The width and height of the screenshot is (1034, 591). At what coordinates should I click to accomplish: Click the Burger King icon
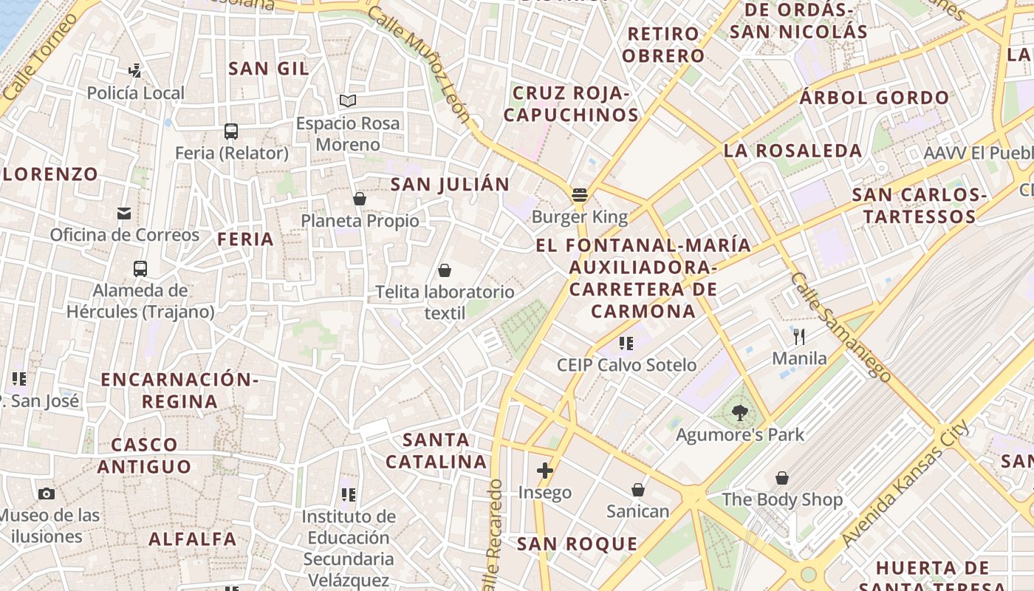(x=580, y=195)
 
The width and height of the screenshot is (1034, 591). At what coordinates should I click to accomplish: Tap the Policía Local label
(x=136, y=93)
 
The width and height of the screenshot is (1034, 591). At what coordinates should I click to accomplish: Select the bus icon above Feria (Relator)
(x=231, y=131)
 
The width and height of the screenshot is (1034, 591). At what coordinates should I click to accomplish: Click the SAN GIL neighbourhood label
(x=268, y=69)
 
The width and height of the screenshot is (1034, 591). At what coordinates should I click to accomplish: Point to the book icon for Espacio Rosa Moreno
(x=348, y=100)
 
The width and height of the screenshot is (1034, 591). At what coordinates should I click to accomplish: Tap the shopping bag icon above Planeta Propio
(x=360, y=199)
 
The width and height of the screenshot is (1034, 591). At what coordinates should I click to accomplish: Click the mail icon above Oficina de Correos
(x=124, y=213)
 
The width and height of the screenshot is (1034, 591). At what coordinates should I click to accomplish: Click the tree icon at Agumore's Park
(x=739, y=413)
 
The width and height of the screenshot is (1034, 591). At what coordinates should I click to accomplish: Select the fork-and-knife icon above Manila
(x=799, y=337)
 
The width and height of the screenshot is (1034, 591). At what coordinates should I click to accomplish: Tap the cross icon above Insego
(x=545, y=471)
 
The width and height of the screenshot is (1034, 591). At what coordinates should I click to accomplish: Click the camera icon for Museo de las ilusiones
(x=47, y=493)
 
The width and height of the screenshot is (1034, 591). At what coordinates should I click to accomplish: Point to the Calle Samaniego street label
(x=840, y=326)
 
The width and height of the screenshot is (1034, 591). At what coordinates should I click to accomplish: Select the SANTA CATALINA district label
(x=436, y=451)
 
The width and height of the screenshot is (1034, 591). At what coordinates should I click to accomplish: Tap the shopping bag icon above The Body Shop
(x=782, y=478)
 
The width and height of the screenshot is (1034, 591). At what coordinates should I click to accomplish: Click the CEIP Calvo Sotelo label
(x=626, y=365)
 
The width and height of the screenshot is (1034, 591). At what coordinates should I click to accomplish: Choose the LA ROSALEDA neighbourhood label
(x=793, y=151)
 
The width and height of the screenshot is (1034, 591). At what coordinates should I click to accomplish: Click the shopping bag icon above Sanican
(x=638, y=490)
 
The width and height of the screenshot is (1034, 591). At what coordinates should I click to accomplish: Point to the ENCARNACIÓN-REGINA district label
(x=179, y=391)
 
